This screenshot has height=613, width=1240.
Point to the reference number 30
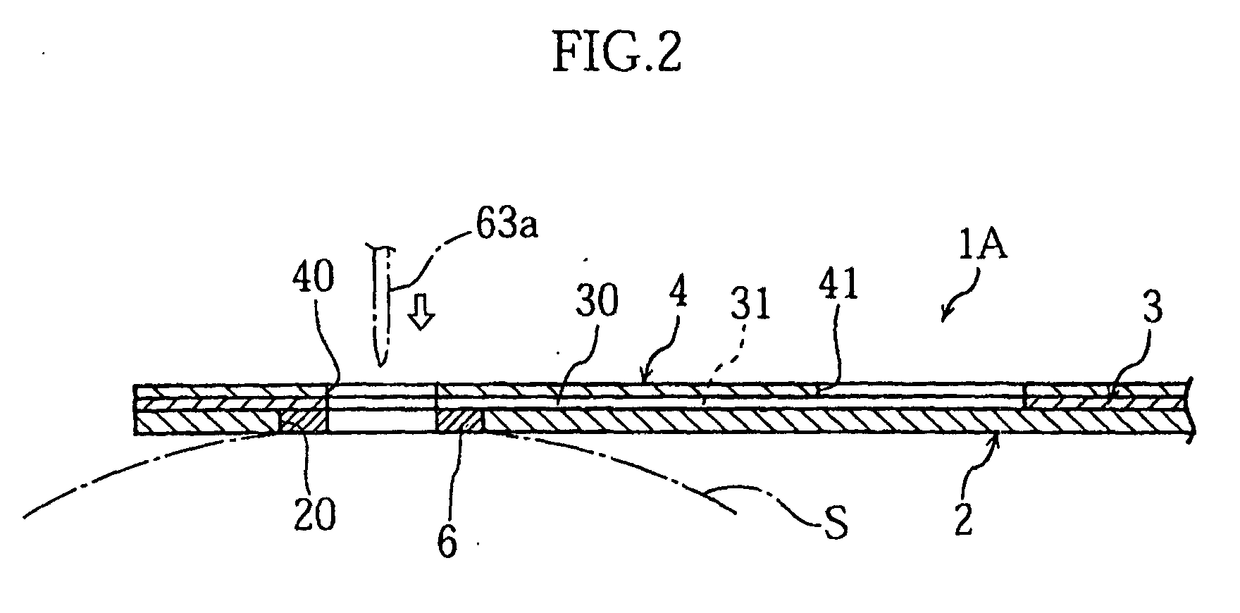(595, 301)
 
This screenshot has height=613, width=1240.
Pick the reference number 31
(750, 306)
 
